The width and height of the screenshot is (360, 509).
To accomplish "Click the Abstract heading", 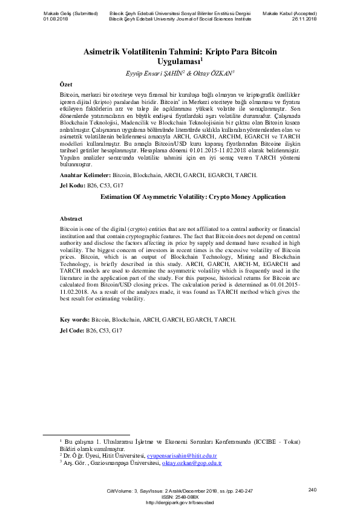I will click(x=71, y=218).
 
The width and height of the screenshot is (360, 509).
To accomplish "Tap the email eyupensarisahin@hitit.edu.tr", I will click(x=191, y=455).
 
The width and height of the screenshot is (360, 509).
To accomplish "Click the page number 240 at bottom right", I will click(x=312, y=489).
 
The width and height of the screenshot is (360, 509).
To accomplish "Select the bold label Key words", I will click(x=75, y=319).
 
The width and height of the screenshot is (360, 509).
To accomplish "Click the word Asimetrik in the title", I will click(x=102, y=52).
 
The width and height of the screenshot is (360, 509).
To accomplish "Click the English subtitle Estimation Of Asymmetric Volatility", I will click(x=153, y=197).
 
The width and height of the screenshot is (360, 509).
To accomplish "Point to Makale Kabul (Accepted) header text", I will click(x=290, y=13).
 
